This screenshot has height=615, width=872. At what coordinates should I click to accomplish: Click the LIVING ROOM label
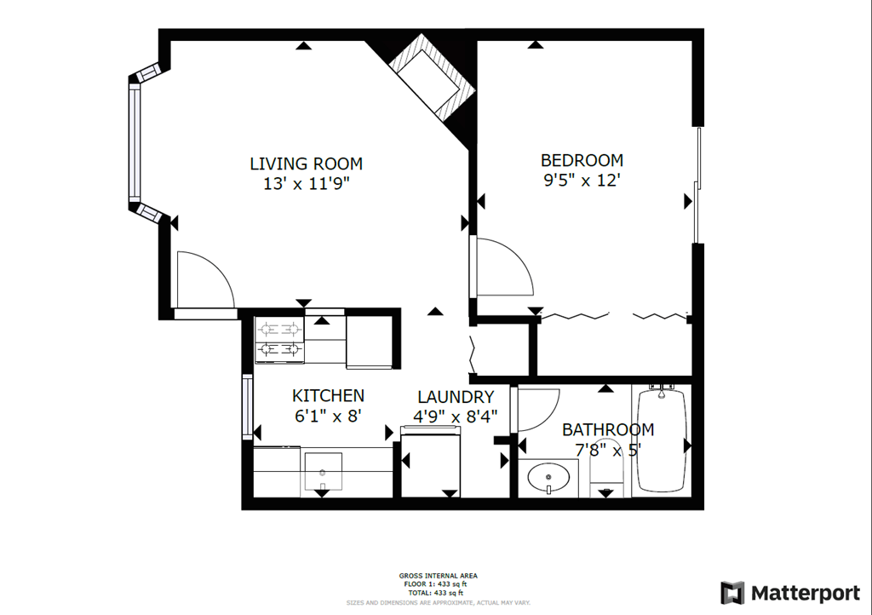coord(306,164)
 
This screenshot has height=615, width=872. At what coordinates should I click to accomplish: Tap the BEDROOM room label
coord(582,160)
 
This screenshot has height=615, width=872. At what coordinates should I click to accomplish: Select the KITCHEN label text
coord(328,395)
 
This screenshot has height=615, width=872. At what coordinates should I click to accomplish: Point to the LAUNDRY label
coord(455,397)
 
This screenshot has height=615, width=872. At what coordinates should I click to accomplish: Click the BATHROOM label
coord(607,430)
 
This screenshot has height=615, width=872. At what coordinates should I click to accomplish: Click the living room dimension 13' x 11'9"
coord(306,183)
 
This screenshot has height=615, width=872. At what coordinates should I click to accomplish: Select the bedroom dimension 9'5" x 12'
coord(582,181)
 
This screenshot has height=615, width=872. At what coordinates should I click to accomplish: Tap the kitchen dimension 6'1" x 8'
coord(328,416)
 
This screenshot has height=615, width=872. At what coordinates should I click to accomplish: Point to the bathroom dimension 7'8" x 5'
coord(607,450)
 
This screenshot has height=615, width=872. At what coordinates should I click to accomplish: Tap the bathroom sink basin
coord(549,477)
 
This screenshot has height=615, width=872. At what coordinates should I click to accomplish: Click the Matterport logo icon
coord(731,593)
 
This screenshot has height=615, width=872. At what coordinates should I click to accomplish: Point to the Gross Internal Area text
coord(438,576)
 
